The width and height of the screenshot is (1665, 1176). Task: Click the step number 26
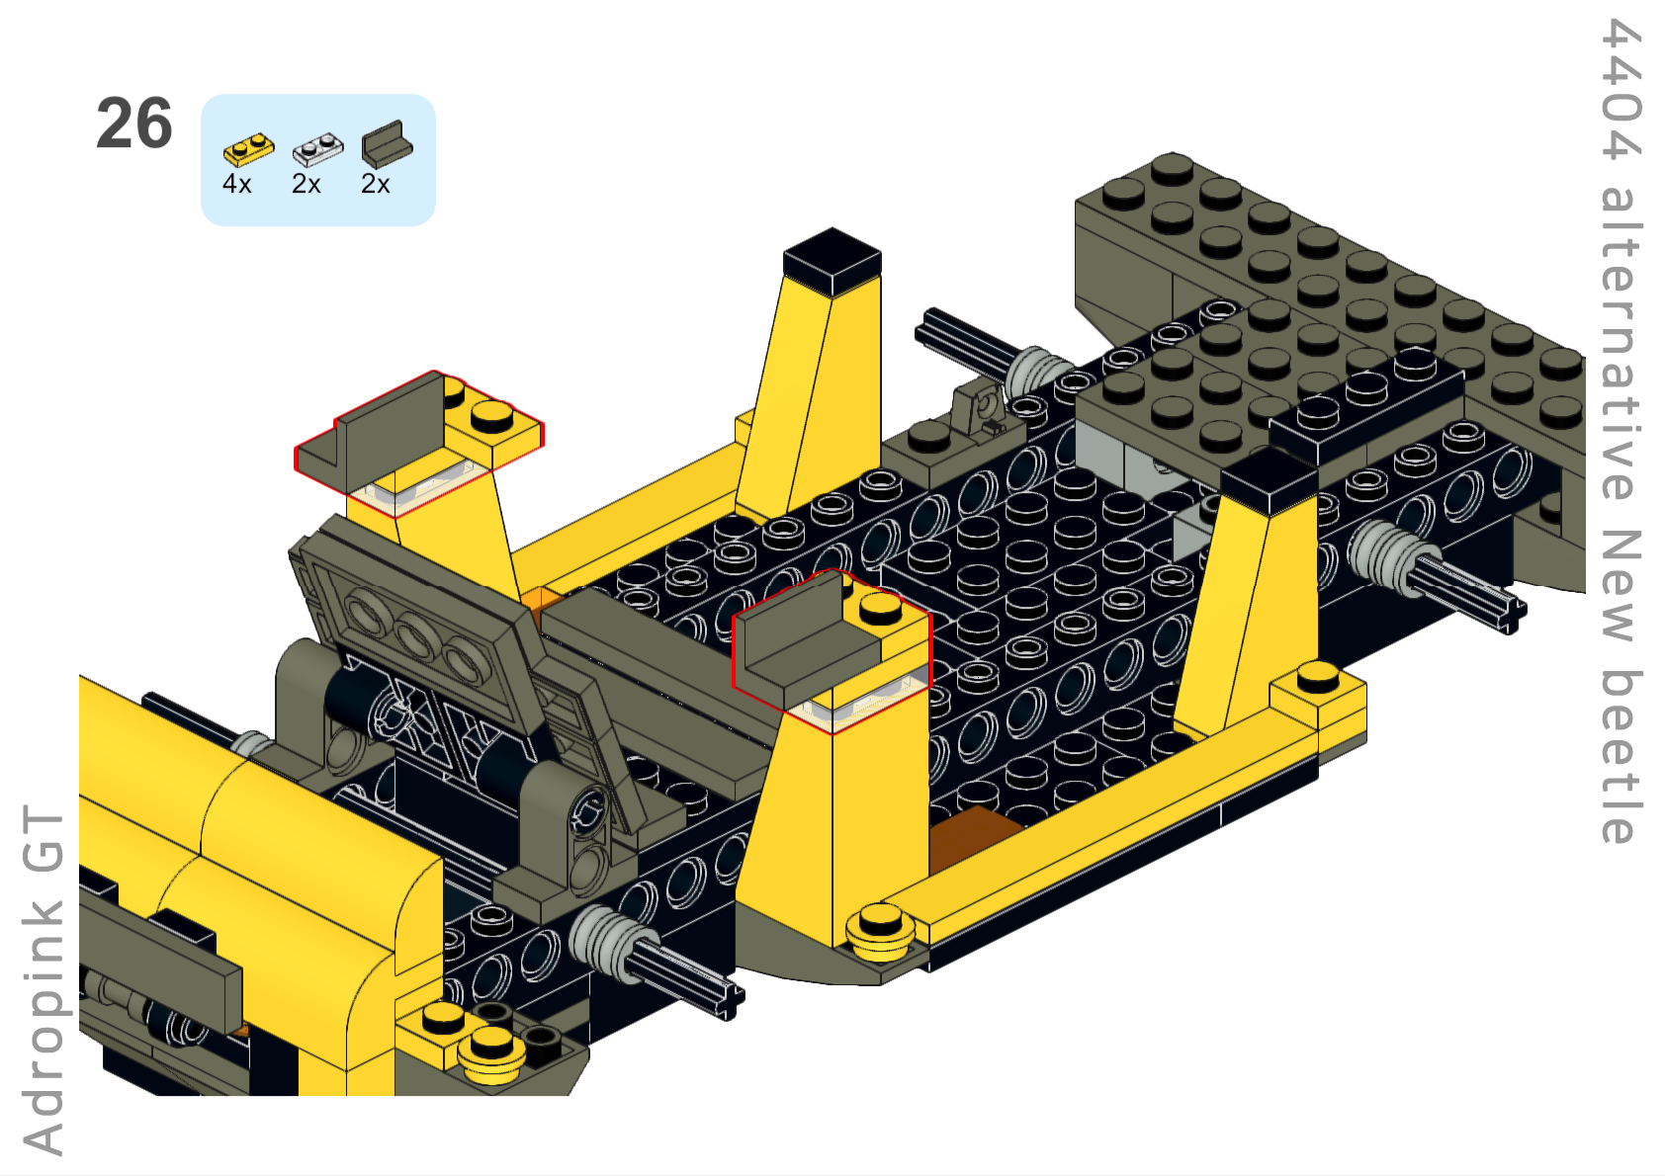(134, 124)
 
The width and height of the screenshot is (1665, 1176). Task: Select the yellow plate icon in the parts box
(248, 149)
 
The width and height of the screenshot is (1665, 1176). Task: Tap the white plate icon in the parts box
(317, 149)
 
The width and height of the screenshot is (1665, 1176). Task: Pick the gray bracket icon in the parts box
(387, 143)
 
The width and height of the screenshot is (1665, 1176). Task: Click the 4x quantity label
(237, 184)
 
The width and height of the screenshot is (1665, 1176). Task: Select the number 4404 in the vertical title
(1621, 89)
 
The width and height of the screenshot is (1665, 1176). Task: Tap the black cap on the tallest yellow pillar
(832, 261)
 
